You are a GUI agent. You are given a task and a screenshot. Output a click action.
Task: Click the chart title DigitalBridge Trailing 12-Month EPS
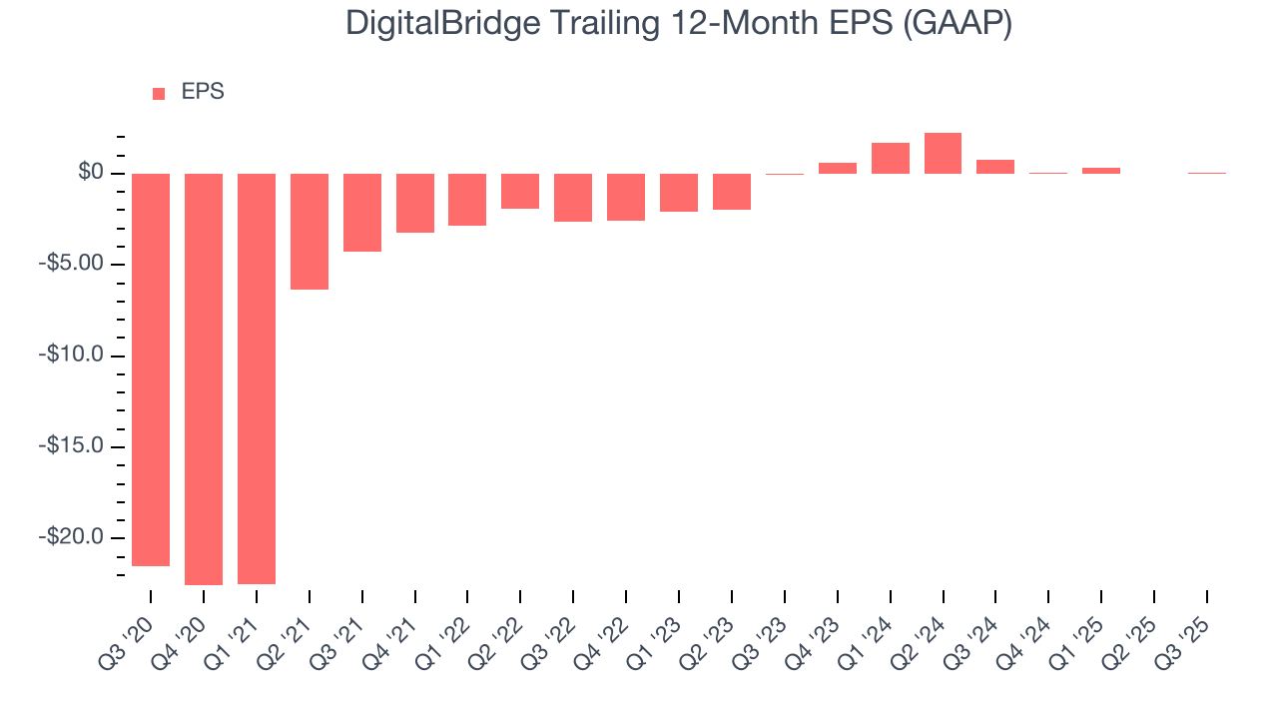[x=679, y=24]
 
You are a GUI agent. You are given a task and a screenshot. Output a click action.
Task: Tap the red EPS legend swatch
[x=159, y=94]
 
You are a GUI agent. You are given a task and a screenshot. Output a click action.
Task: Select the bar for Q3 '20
[x=151, y=369]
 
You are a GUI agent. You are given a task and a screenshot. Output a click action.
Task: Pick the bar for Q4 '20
[x=204, y=378]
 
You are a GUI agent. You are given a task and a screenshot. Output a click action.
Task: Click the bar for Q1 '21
[x=257, y=378]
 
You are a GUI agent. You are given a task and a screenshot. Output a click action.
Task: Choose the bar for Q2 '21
[x=310, y=232]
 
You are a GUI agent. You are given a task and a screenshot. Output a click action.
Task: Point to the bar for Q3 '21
[x=362, y=213]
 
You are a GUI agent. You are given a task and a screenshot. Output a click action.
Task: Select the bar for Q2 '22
[x=520, y=191]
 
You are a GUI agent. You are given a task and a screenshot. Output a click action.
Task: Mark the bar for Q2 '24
[x=943, y=154]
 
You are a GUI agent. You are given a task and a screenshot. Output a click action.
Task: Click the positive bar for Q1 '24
[x=890, y=159]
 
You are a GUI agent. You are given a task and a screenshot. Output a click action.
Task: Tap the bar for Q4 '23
[x=838, y=169]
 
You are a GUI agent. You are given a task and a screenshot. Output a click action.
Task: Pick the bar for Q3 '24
[x=995, y=167]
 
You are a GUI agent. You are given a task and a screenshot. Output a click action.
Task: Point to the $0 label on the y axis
[x=92, y=174]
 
